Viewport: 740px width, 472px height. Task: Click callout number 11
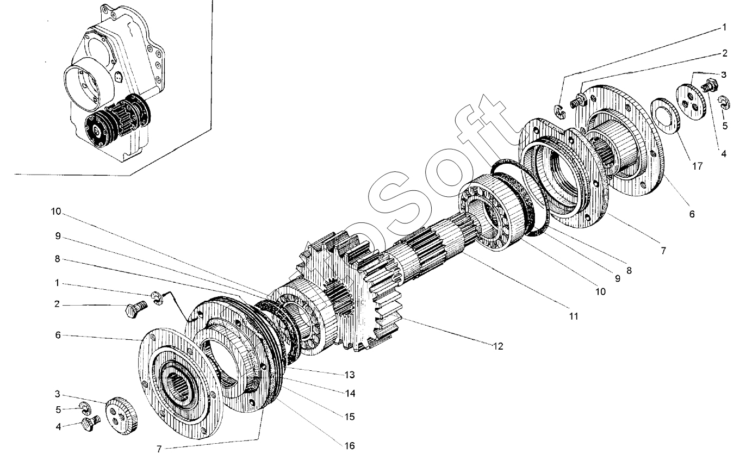574,316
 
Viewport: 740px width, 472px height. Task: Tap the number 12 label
498,346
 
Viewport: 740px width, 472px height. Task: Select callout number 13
350,375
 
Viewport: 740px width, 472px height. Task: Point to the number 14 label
350,393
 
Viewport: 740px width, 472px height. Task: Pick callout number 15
350,417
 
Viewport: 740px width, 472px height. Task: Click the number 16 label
350,446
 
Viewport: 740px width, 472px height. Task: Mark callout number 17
697,166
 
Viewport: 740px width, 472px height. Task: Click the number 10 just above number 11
600,291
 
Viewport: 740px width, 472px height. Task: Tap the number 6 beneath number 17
692,214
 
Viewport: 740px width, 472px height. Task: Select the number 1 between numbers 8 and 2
57,283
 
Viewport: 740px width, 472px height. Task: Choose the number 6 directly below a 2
58,336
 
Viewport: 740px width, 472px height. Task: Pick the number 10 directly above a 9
56,212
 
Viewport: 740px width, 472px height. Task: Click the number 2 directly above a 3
724,53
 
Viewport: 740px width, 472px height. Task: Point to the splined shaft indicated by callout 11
430,244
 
